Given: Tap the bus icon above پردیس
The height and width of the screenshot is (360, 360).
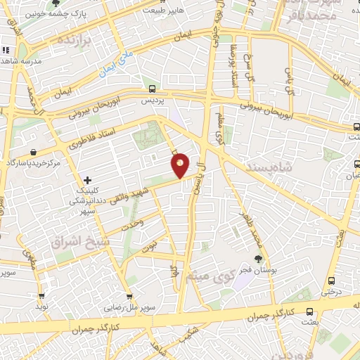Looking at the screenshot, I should click(153, 88).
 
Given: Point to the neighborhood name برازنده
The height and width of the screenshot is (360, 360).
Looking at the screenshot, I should click(75, 38).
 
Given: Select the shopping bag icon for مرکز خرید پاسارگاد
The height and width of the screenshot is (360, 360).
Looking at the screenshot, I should click(34, 152).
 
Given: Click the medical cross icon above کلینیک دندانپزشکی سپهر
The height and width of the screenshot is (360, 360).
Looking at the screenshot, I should click(87, 180).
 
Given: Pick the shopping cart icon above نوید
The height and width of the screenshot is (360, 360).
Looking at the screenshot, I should click(41, 296).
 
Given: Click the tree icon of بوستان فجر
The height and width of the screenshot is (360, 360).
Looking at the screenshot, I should click(259, 258).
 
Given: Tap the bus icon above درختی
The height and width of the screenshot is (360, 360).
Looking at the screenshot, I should click(331, 278).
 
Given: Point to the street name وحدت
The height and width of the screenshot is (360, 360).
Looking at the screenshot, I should click(132, 223).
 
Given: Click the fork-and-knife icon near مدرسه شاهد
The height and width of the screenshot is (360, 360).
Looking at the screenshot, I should click(5, 50).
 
